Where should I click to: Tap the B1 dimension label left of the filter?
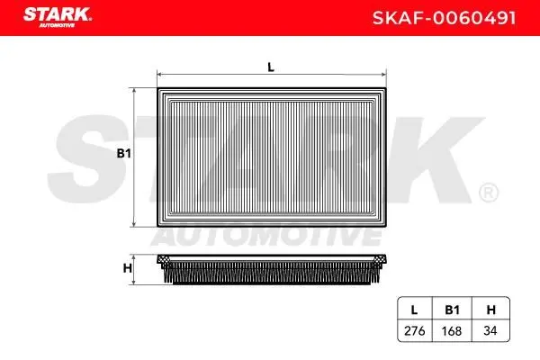coord(124,154)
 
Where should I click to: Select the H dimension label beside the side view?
coord(128,267)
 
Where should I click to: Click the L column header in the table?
coord(414,309)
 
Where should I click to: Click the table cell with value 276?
coord(414,330)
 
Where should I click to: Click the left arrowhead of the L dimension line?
coord(159,76)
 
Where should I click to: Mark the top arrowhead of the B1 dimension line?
coord(134,90)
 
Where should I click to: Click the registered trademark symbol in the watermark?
coord(487,192)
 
